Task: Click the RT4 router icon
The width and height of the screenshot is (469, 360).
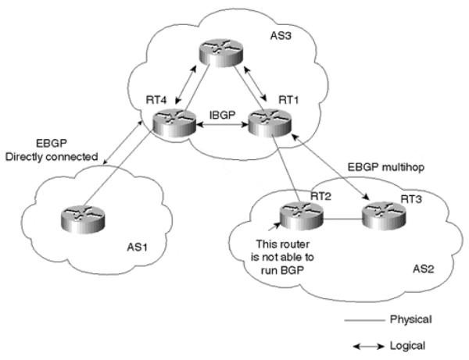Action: (x=174, y=123)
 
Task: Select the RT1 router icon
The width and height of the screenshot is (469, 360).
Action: (x=270, y=123)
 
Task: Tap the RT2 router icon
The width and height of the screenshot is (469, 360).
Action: (x=302, y=216)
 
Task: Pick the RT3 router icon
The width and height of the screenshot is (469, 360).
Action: (x=384, y=216)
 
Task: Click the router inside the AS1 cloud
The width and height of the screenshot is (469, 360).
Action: (x=83, y=219)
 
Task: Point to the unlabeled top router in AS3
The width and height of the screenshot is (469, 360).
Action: (x=221, y=52)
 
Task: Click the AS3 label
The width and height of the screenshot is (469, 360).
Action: (x=281, y=36)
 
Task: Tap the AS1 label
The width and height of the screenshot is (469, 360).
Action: (x=138, y=248)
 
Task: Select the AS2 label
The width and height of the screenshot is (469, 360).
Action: (x=423, y=269)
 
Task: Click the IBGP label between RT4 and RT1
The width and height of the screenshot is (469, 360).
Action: (x=223, y=115)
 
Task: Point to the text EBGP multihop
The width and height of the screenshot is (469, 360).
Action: (x=386, y=167)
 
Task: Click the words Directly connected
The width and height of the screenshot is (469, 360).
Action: (x=52, y=157)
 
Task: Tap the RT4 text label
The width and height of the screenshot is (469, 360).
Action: (x=156, y=100)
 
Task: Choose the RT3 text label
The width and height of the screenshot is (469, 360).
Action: (x=411, y=199)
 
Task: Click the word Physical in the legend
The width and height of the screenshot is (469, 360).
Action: (x=411, y=319)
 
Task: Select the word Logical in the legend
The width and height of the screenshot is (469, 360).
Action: (x=407, y=346)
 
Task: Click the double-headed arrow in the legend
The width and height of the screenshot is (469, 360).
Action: (x=368, y=347)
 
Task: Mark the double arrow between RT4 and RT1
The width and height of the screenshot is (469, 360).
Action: (x=223, y=125)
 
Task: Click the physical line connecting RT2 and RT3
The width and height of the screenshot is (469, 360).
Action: (x=343, y=219)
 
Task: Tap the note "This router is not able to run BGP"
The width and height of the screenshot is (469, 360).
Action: (x=282, y=257)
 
